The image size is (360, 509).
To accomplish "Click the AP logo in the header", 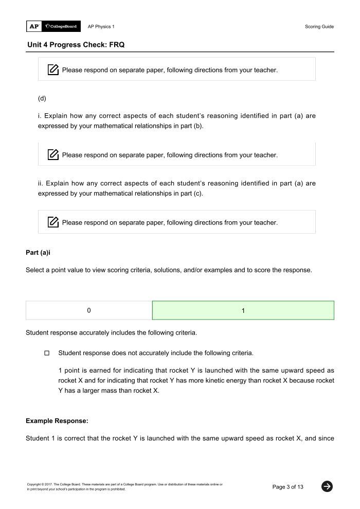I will point(34,26).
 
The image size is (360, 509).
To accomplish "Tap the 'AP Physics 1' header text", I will point(101,27).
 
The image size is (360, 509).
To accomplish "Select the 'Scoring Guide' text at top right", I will point(319,27).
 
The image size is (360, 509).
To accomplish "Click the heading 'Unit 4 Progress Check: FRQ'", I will point(76,45).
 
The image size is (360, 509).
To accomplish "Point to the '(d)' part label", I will point(42,98).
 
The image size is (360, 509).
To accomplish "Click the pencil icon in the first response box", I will point(53,69).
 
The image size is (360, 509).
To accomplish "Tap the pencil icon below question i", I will point(53,154).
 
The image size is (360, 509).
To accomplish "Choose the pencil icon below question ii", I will point(53,222).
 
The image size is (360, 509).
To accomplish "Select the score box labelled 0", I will point(89,310).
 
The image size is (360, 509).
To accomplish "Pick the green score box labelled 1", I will point(243,310).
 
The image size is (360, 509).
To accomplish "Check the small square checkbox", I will point(47,353).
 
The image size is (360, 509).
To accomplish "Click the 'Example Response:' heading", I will point(57,421).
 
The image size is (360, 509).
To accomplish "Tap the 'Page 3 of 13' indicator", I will point(288,487).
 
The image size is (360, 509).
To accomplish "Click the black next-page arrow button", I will point(327,486).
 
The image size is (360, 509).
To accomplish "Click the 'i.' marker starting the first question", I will point(40,116).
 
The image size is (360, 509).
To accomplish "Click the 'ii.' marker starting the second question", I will point(41,183).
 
